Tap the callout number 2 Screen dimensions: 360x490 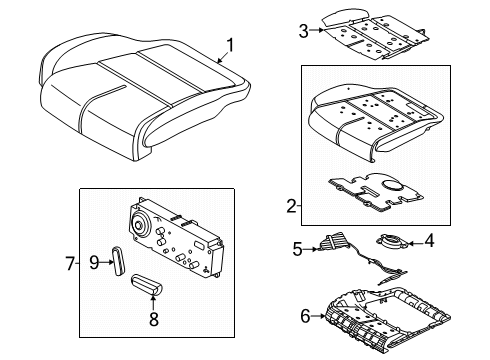point(291,206)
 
